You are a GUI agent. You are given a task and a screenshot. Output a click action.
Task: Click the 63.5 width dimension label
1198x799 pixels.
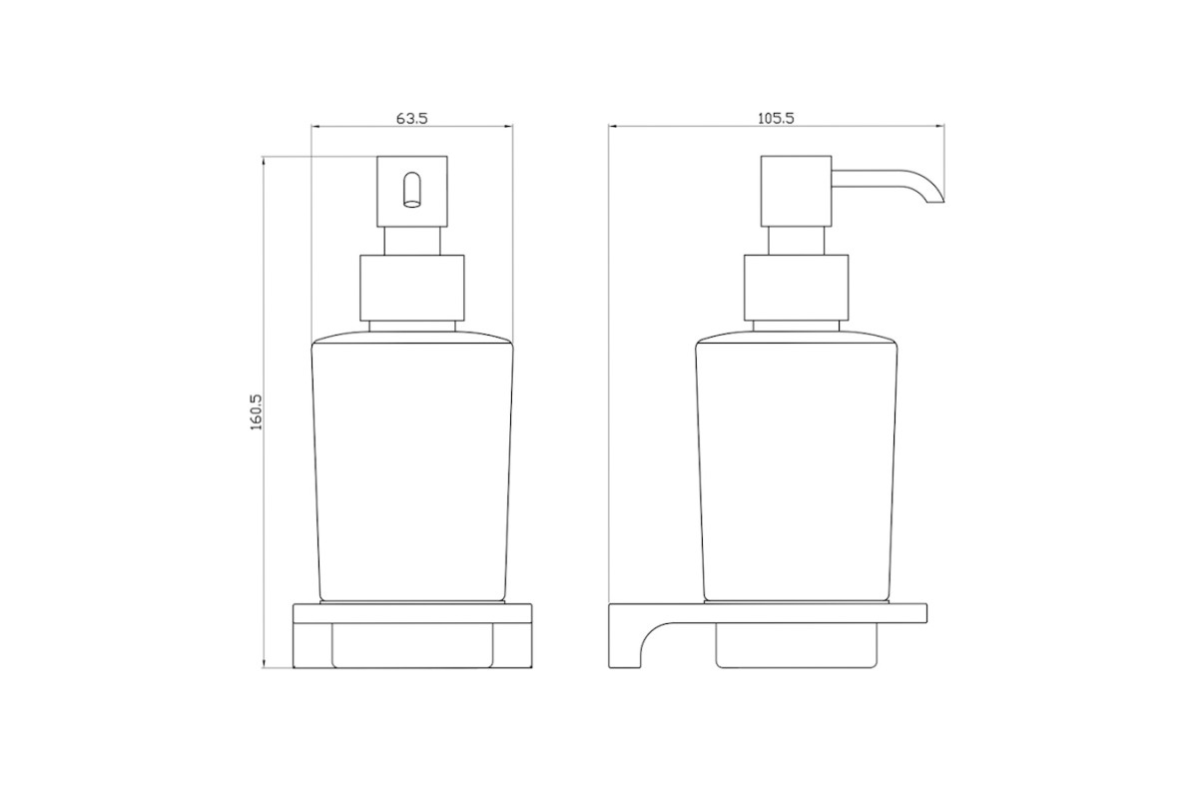[411, 118]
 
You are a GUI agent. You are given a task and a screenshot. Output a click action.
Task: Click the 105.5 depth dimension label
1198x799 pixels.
[776, 118]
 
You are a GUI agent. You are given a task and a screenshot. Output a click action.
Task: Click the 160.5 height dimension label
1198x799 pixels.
[257, 412]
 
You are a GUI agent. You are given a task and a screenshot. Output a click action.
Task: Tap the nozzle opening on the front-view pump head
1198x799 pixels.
[411, 190]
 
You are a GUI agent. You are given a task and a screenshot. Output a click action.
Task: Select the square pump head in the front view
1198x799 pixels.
[411, 191]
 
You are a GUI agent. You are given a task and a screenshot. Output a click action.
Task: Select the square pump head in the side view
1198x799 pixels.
[797, 191]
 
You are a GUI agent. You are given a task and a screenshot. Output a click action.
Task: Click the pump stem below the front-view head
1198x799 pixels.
[411, 241]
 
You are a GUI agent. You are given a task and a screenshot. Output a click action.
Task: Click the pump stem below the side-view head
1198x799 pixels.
[797, 241]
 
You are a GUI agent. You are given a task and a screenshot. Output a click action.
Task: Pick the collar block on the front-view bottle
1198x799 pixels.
[411, 288]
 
